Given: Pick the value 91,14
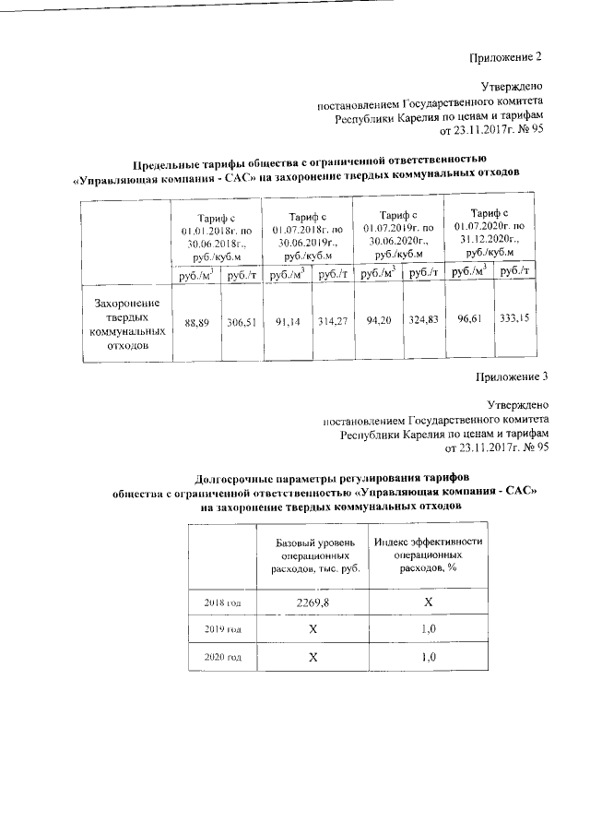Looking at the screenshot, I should pyautogui.click(x=286, y=325).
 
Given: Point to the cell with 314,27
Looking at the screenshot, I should pyautogui.click(x=331, y=325).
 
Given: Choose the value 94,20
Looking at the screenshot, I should pyautogui.click(x=378, y=325).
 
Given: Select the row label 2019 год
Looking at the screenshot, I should pyautogui.click(x=222, y=629).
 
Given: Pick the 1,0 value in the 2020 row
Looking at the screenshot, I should pyautogui.click(x=427, y=657).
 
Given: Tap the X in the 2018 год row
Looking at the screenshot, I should pyautogui.click(x=427, y=602).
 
